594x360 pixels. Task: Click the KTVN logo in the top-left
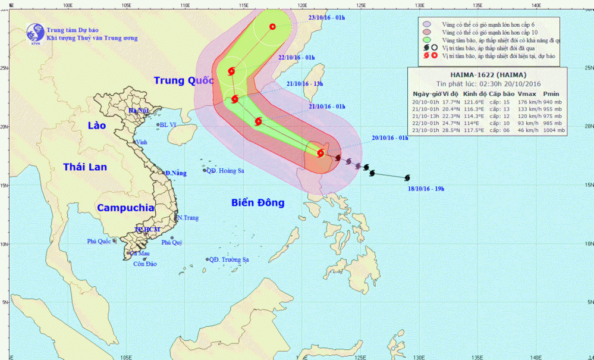35,33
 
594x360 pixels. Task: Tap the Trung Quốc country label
183,80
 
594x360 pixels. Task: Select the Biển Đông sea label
257,203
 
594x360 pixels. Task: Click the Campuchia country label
125,208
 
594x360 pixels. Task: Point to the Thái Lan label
85,167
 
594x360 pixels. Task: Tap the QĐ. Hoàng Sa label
225,171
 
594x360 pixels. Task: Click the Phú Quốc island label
99,242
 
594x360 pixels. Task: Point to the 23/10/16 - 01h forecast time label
328,18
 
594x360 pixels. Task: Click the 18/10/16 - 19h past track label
426,189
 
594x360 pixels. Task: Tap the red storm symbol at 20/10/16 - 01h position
321,153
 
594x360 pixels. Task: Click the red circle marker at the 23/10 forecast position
272,26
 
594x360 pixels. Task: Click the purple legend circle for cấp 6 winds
426,23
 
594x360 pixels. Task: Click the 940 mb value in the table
552,102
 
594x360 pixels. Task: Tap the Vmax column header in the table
526,94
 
